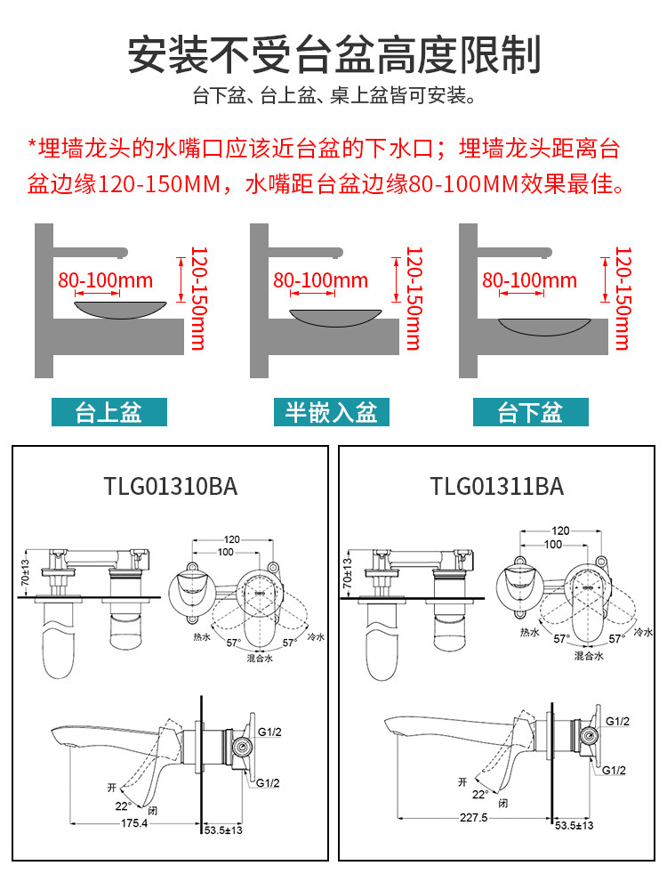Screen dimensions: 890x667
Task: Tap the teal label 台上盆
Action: (x=108, y=412)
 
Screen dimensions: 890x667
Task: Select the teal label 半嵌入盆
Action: (x=331, y=412)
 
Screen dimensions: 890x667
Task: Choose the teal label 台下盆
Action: (x=530, y=412)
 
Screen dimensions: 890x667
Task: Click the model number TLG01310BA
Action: (x=171, y=487)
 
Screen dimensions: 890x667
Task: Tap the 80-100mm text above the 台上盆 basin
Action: (x=106, y=280)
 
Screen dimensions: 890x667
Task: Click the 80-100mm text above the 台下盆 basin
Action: (x=529, y=280)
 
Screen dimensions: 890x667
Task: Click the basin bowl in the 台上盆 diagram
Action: (x=123, y=307)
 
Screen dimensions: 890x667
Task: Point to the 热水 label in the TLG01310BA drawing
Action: (x=200, y=636)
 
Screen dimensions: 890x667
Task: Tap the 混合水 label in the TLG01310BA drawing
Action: (x=261, y=659)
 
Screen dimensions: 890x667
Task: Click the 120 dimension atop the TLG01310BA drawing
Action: (x=232, y=539)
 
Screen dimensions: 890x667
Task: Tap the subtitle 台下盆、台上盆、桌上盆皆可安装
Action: (x=333, y=96)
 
